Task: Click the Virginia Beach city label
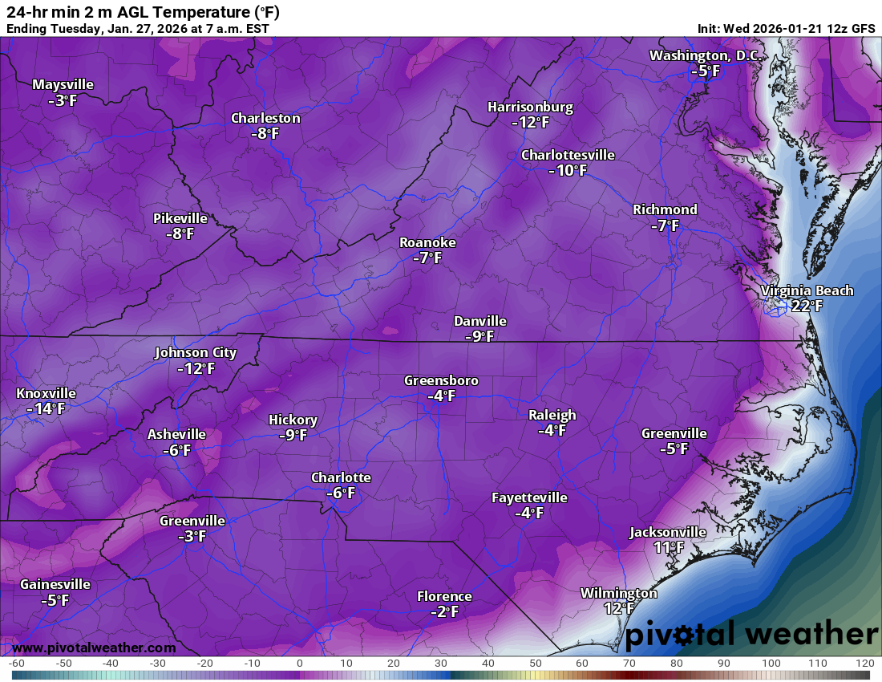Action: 807,290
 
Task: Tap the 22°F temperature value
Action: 807,306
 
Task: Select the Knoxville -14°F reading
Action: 45,408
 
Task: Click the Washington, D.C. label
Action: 706,55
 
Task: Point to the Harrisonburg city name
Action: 530,107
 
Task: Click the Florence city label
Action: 443,596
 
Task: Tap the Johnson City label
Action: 196,352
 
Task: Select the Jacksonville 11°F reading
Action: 668,547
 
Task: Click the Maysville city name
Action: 63,84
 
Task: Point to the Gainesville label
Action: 55,584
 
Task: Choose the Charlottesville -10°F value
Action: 568,170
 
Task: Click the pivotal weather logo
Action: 751,635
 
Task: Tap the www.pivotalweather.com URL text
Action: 94,647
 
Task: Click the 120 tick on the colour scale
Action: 864,664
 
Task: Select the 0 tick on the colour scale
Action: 299,664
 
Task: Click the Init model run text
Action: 786,28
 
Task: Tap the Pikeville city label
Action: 180,218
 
